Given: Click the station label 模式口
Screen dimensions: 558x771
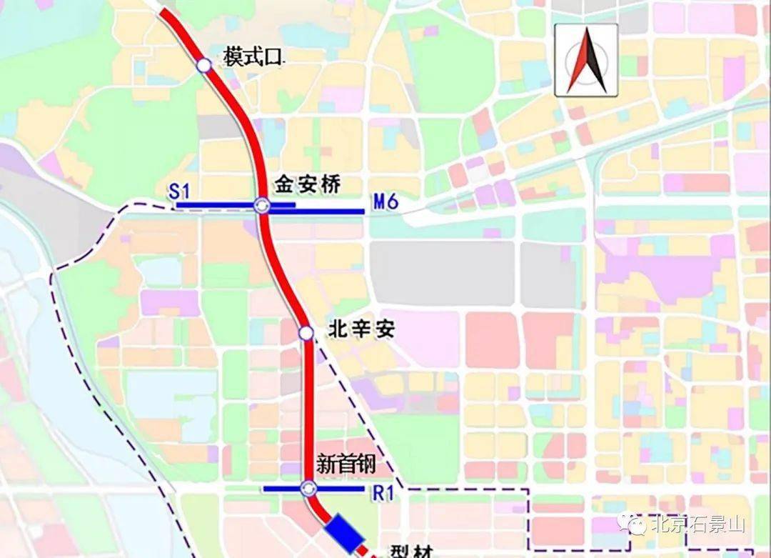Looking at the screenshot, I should click(253, 57).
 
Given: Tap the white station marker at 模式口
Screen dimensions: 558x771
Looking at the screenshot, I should click(204, 66).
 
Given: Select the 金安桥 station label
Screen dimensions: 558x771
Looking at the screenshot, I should click(307, 185).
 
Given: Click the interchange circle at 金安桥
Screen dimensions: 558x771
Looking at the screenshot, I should click(262, 206).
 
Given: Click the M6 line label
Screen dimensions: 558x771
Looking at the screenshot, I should click(385, 203).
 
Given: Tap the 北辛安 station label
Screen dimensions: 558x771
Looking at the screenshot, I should click(361, 329).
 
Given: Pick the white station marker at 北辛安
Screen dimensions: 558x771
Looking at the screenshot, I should click(306, 333).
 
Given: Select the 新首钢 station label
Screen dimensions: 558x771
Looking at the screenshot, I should click(347, 466).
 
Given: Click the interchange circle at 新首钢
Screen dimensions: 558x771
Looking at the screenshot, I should click(308, 489).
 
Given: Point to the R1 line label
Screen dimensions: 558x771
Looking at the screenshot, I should click(383, 492).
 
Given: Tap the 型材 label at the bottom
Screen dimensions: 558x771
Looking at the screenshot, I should click(412, 552).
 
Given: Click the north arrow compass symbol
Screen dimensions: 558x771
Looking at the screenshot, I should click(586, 60).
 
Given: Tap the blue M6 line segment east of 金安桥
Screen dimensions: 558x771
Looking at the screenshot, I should click(328, 211).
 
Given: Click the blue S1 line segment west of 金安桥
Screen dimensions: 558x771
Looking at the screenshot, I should click(214, 206).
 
